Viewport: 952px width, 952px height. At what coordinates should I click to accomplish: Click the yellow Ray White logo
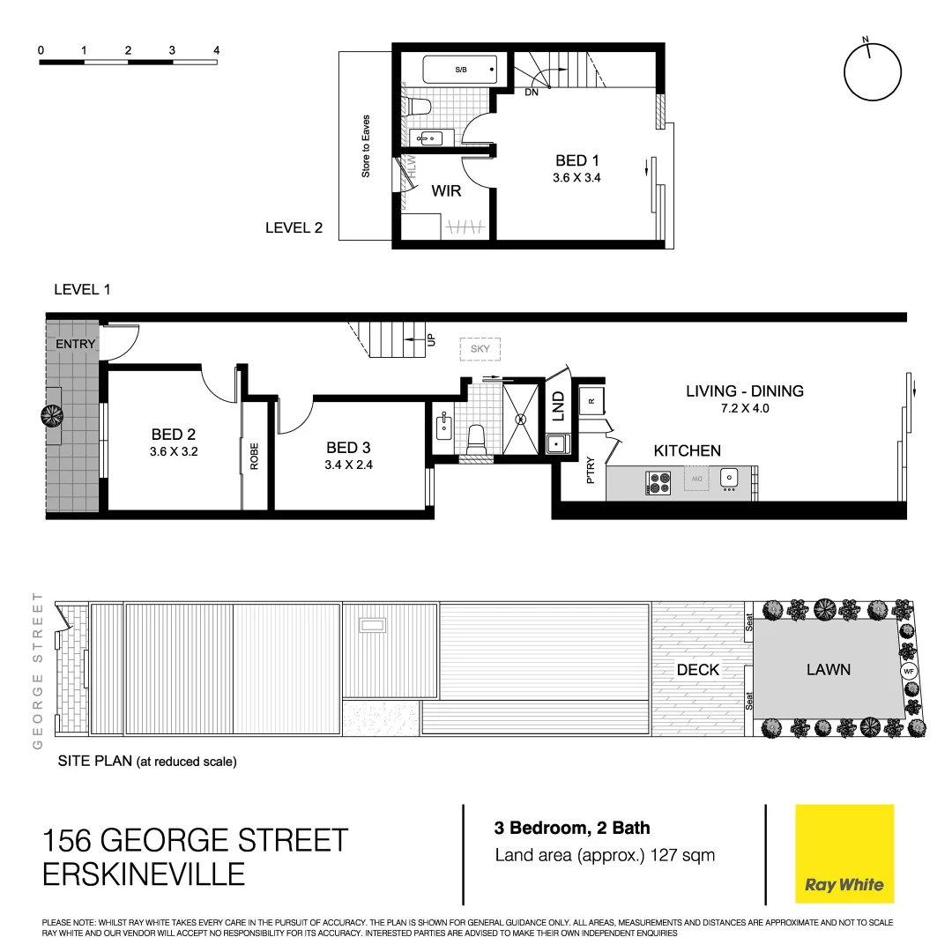844,853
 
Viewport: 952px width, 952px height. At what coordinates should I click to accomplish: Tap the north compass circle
873,74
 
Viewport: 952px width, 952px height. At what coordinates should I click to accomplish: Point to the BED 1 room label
577,160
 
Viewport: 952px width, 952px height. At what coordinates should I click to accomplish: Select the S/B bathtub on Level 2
460,70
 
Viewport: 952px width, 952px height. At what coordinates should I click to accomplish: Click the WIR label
446,190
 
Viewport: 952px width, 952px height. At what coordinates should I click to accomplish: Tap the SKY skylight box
480,349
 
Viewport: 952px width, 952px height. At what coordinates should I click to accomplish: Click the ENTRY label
75,344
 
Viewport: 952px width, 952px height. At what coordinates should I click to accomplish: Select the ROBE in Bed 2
254,455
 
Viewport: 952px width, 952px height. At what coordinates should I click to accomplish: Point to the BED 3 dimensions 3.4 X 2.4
348,465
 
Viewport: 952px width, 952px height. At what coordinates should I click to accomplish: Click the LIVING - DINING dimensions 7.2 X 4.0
745,409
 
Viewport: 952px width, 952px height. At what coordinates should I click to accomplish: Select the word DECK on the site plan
698,670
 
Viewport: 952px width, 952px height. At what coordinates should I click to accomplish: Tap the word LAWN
829,670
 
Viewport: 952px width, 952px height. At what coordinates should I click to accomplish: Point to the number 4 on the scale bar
216,50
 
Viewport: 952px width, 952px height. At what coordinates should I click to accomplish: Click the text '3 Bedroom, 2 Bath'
572,828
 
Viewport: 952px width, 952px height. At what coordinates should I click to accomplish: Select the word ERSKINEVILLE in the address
144,874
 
